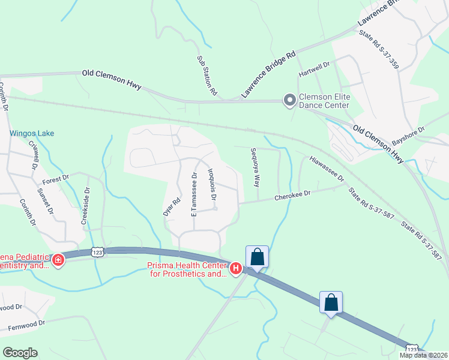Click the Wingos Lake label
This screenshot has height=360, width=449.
(x=32, y=134)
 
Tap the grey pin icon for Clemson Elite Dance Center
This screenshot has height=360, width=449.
(x=289, y=100)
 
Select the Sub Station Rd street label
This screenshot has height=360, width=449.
(x=206, y=76)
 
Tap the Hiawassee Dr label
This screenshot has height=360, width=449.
(x=327, y=169)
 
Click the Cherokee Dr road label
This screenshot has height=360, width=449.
(x=292, y=195)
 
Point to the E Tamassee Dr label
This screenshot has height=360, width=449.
(x=194, y=194)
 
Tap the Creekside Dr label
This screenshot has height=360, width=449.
(x=86, y=206)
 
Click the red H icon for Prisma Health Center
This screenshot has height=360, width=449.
(x=236, y=268)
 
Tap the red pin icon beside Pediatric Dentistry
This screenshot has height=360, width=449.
(x=58, y=260)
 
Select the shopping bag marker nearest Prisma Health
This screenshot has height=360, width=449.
(x=257, y=256)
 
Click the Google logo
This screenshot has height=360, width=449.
(x=20, y=353)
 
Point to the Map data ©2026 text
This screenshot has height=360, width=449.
(x=423, y=355)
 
